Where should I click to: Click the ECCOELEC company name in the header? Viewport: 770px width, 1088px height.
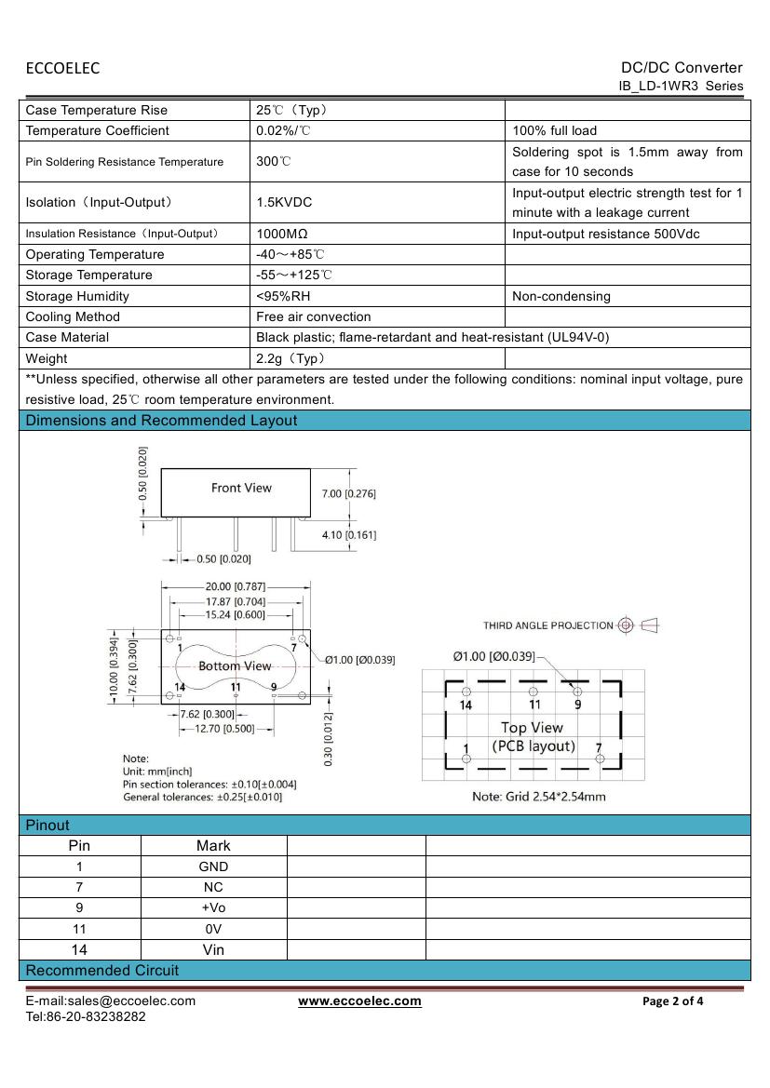pos(62,68)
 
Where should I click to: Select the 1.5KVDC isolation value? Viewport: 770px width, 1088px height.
pos(284,202)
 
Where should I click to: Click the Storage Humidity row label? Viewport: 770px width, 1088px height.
pos(77,296)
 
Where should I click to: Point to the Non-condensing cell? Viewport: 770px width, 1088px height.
pos(561,296)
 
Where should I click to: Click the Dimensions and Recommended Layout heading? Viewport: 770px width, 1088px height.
pos(161,421)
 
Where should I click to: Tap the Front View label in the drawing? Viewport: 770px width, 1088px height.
pos(241,488)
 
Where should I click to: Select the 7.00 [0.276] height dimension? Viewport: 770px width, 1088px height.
pos(348,494)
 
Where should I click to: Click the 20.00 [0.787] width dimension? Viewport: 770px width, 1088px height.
pos(235,586)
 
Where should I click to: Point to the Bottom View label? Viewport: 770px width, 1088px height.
pos(235,666)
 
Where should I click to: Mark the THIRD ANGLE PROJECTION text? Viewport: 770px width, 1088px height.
pos(547,625)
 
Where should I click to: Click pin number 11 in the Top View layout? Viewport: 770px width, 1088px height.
pos(534,705)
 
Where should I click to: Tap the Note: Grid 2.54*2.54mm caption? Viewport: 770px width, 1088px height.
pos(539,796)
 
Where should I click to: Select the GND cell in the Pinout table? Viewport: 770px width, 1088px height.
pos(213,866)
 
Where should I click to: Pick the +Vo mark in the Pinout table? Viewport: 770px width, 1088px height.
pos(213,908)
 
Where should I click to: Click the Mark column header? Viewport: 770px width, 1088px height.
pos(213,846)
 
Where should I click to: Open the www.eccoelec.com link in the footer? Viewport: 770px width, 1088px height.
pos(359,1001)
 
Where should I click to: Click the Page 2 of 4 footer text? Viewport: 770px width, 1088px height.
pos(673,1001)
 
